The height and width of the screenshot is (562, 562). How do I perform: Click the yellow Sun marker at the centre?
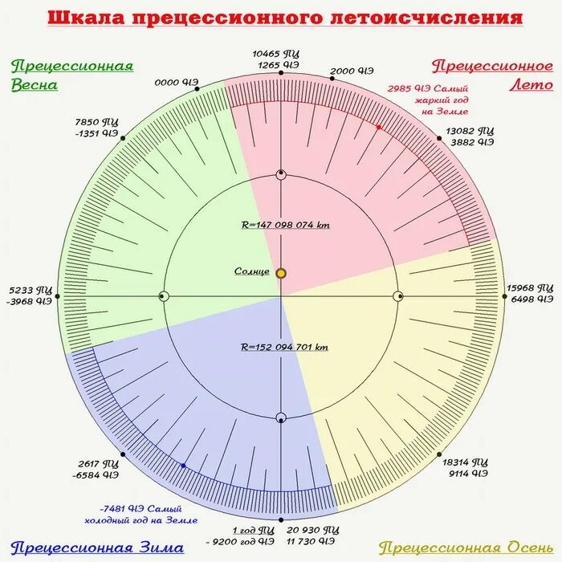(281, 273)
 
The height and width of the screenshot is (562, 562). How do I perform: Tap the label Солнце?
(252, 271)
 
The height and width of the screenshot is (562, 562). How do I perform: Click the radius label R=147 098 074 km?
(285, 225)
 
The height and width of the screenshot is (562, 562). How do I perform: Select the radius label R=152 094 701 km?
(285, 348)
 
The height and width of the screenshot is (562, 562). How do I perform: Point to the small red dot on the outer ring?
(378, 126)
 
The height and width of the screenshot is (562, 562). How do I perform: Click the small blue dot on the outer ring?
(183, 466)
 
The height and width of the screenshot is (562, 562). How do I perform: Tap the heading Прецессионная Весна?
(71, 75)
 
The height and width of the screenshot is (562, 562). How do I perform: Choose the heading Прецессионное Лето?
(491, 75)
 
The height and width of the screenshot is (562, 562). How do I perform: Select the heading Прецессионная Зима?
(71, 548)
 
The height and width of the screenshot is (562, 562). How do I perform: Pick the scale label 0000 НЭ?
(177, 82)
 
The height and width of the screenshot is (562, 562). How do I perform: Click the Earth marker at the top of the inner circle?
(281, 175)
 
